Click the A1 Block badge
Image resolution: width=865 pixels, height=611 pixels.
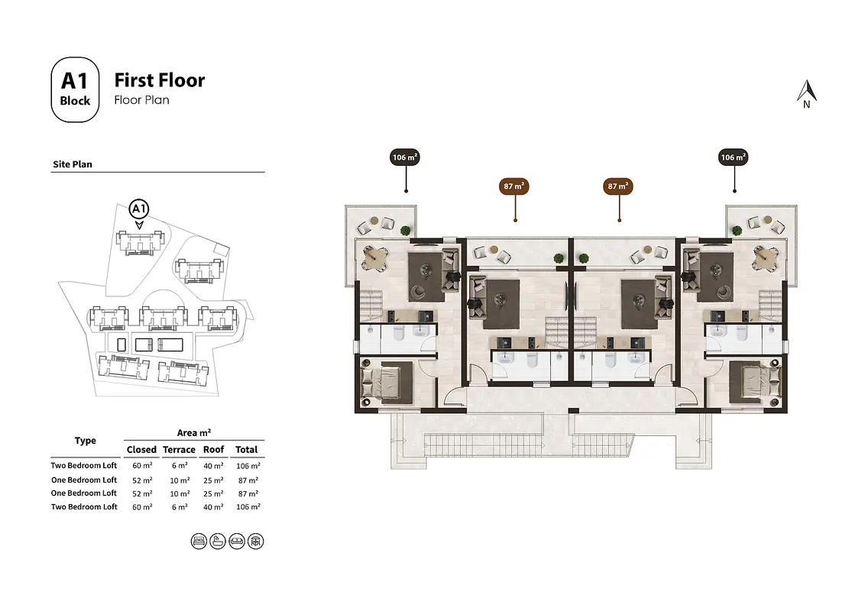click(x=75, y=90)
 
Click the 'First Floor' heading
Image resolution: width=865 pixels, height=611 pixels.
click(x=160, y=80)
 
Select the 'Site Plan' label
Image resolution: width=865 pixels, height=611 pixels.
click(x=73, y=164)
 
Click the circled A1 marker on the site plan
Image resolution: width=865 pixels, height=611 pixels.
click(x=138, y=209)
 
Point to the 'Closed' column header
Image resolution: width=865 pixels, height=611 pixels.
click(x=141, y=450)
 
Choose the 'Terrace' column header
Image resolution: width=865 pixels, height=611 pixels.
click(x=179, y=450)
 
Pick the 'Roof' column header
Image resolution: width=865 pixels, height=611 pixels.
click(x=214, y=450)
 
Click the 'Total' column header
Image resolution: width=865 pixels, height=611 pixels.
click(x=247, y=450)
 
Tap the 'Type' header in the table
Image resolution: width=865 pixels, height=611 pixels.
click(x=86, y=441)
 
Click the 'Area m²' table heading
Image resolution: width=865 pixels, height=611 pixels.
click(x=194, y=433)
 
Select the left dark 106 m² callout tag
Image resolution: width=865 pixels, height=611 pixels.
click(x=405, y=158)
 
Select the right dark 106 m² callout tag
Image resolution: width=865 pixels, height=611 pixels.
click(x=734, y=158)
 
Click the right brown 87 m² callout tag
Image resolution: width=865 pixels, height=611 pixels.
click(x=618, y=186)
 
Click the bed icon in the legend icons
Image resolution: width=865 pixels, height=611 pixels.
click(x=198, y=541)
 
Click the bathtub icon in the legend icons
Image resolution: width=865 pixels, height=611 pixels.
click(x=217, y=541)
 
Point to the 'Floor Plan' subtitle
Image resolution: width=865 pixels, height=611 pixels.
click(x=141, y=100)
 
